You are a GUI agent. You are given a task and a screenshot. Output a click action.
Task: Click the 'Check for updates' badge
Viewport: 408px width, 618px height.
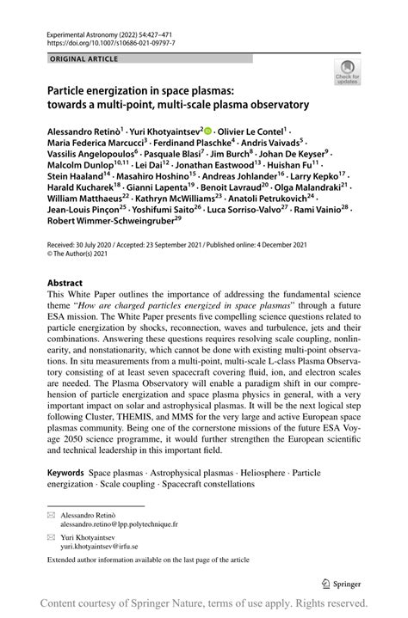(x=348, y=71)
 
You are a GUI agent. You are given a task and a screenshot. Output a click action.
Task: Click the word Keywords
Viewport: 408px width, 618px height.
(x=66, y=474)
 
